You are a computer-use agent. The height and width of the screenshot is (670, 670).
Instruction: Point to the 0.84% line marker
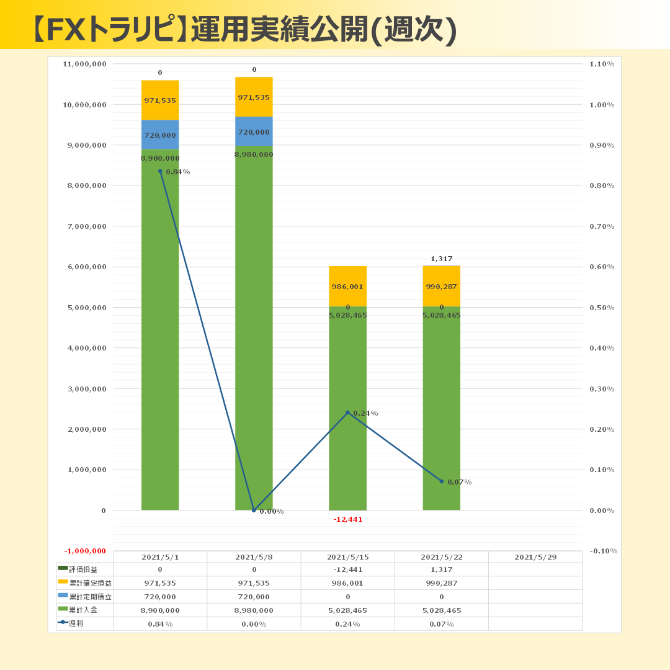160,171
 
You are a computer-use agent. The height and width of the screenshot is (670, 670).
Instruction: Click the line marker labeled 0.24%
347,413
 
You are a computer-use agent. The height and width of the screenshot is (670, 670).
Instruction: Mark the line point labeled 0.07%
441,481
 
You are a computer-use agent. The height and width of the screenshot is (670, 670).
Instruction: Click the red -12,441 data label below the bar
347,519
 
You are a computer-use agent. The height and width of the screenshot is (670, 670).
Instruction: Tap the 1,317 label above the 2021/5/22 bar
441,259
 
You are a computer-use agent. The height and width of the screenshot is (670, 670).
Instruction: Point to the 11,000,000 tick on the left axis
85,64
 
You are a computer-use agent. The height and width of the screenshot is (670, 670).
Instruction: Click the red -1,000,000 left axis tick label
85,551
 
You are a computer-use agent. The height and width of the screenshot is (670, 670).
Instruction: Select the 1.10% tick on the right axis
602,64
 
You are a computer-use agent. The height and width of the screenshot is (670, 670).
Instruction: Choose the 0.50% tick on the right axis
602,308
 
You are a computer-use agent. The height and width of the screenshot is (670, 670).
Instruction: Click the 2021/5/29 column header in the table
535,557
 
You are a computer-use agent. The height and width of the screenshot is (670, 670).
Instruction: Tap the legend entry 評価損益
84,569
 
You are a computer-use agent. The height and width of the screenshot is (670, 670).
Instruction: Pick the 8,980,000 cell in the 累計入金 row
254,610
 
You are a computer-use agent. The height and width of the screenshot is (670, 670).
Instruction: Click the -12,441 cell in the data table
347,569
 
